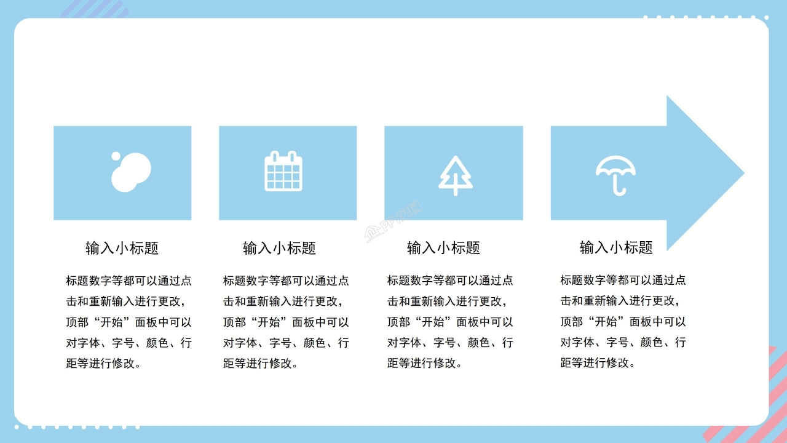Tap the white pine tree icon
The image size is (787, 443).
[x=456, y=175]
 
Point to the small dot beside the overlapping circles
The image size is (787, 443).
[x=116, y=156]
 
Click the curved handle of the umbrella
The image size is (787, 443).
[x=620, y=190]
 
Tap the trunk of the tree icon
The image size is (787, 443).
[x=456, y=190]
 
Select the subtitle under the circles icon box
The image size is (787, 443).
[x=122, y=248]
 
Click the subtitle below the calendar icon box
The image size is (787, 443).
[x=279, y=248]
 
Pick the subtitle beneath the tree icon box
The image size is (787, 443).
[x=443, y=248]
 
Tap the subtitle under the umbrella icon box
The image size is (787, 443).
[x=616, y=247]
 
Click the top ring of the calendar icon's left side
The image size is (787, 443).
[x=275, y=155]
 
